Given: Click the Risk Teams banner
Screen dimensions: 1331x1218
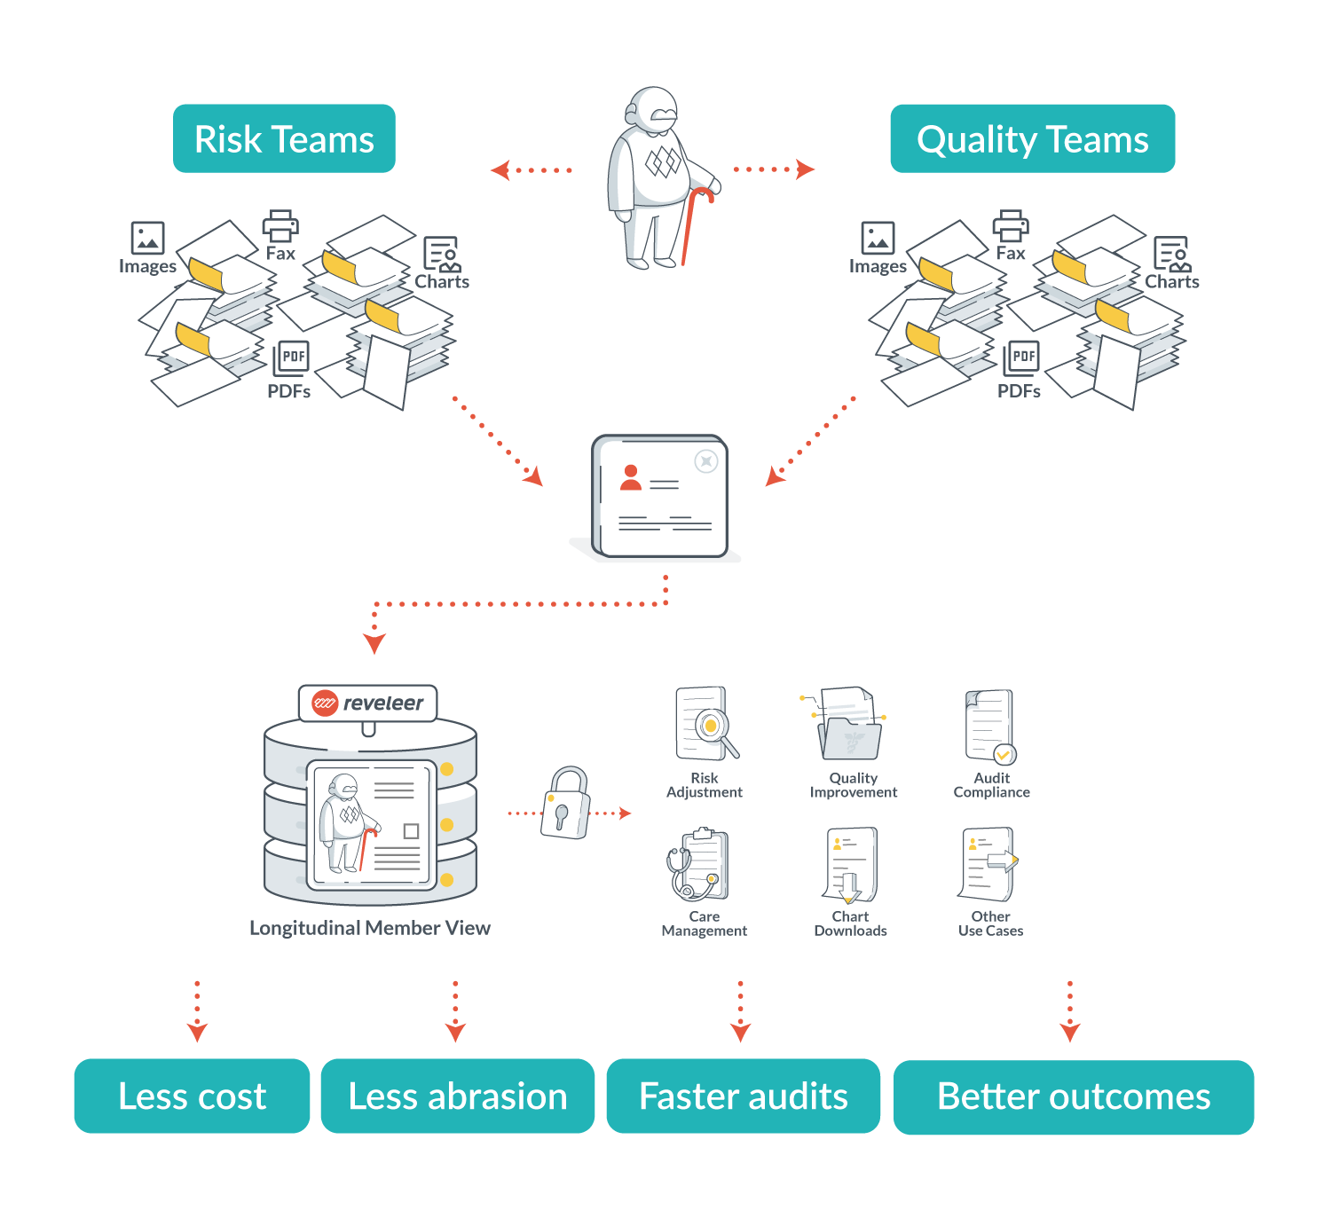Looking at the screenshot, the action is coord(284,138).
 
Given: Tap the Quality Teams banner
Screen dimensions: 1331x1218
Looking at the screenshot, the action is coord(1033,138).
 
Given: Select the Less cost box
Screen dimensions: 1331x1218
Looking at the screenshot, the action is coord(192,1096).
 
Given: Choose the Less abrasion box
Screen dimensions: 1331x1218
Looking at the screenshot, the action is coord(458,1096).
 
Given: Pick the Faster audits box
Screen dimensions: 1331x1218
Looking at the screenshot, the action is coord(743,1096).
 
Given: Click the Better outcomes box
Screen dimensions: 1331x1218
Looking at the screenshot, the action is coord(1074,1097).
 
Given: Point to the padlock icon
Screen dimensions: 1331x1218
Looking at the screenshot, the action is coord(565,803).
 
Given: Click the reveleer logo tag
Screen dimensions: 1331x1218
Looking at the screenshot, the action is coord(367,703).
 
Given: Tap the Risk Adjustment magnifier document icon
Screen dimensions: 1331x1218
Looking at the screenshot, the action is coord(706,724).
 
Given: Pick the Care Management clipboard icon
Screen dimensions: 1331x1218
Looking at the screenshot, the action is coord(698,864).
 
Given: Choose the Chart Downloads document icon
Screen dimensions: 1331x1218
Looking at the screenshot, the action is coord(851,865).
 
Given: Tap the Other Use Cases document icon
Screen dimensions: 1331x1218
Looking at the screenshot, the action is coord(988,864).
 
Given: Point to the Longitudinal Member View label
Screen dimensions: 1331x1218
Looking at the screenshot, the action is coord(370,927).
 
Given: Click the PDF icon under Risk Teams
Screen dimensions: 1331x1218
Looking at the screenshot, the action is coord(291,358).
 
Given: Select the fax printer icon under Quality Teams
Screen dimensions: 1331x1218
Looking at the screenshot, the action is coord(1011,226).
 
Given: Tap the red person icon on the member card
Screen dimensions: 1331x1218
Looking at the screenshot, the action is coord(630,477).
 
